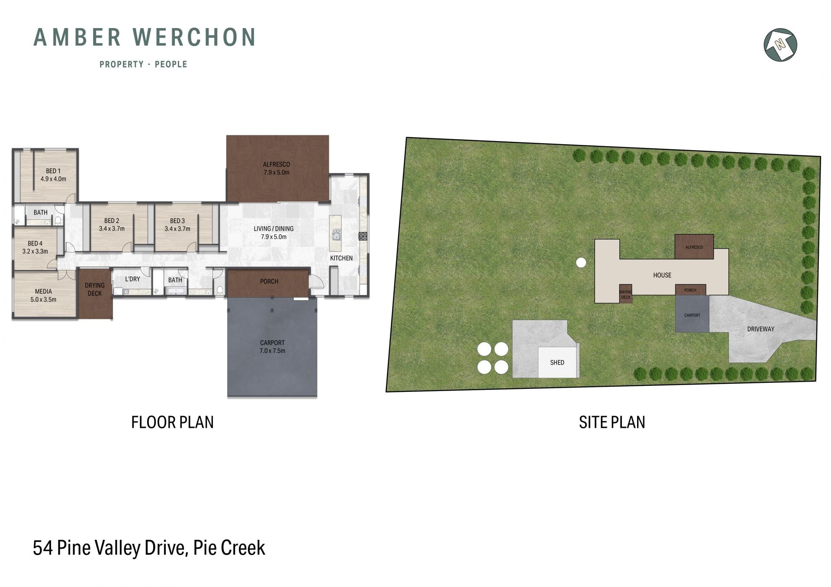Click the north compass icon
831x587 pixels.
coord(780,45)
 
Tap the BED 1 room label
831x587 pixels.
coord(53,171)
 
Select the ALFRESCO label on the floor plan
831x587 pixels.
coord(277,164)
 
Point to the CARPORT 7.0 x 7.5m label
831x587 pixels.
coord(272,347)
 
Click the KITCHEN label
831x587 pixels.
coord(341,258)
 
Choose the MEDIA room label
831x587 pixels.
coord(43,292)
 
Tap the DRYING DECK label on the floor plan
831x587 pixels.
coord(95,289)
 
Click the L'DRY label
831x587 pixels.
coord(132,279)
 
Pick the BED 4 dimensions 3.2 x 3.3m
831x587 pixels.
coord(35,251)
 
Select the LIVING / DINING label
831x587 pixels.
coord(274,229)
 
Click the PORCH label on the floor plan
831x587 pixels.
coord(269,282)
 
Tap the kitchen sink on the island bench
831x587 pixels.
coord(335,235)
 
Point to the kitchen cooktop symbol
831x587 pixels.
coord(363,236)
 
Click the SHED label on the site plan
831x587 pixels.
coord(557,362)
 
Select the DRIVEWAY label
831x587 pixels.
coord(760,329)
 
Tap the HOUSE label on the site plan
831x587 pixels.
coord(662,275)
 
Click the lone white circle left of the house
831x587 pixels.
coord(581,262)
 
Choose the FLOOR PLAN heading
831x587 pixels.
coord(172,422)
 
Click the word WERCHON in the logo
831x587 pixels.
coord(194,37)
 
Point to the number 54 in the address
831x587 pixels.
coord(43,548)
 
